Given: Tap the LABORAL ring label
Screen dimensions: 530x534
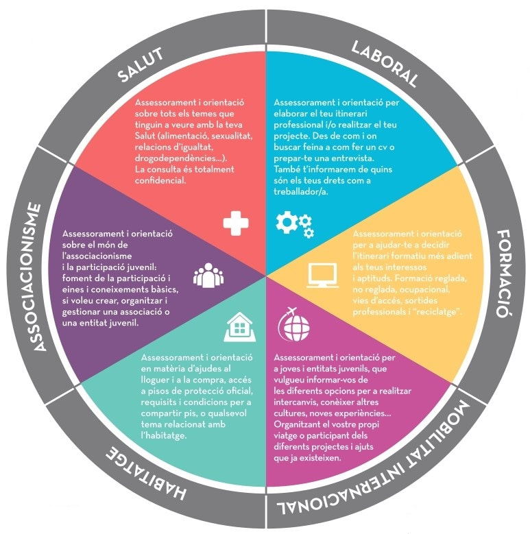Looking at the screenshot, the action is tap(385, 64).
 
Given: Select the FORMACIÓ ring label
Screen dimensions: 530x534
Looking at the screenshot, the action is tap(505, 274).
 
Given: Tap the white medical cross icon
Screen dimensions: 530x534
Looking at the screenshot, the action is tap(236, 223).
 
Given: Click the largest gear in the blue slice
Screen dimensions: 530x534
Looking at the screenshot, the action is tap(287, 222).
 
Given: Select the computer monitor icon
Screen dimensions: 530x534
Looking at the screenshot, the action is tap(322, 276).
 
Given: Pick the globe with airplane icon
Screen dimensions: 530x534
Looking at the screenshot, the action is tap(294, 324).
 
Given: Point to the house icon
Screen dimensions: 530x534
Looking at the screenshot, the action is tap(240, 326).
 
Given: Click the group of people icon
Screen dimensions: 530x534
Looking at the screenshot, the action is tap(208, 275).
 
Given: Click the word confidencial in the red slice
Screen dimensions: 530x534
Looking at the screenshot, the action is tap(160, 180).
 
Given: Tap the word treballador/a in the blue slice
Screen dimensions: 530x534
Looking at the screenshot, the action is tap(301, 192).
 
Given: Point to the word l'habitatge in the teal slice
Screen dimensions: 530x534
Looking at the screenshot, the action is tap(164, 435).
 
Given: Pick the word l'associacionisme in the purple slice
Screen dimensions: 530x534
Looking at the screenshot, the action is tap(97, 256).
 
